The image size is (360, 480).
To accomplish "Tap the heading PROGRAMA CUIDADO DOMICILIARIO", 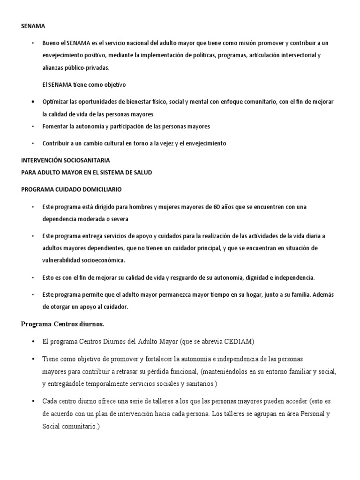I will pyautogui.click(x=72, y=189).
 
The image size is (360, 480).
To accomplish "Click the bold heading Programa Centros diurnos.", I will pyautogui.click(x=63, y=324).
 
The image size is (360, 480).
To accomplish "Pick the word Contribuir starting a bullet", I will pyautogui.click(x=56, y=143).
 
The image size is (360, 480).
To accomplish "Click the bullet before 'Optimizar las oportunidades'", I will pyautogui.click(x=33, y=102).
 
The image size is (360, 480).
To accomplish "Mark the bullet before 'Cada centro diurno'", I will pyautogui.click(x=33, y=402).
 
